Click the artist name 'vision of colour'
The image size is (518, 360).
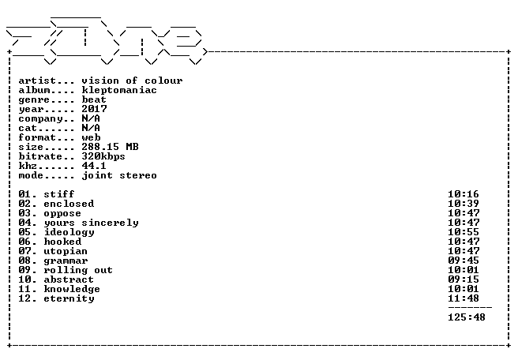[132, 81]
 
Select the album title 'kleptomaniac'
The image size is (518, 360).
[119, 90]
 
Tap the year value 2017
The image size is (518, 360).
[94, 109]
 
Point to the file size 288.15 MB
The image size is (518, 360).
[110, 147]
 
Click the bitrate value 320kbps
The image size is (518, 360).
[103, 156]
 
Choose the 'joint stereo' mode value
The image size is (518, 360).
[119, 175]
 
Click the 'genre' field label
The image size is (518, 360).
[35, 100]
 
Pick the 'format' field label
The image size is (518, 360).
[37, 137]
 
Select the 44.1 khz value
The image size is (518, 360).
[94, 166]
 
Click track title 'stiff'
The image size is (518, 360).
[59, 194]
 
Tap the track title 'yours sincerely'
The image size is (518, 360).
[91, 223]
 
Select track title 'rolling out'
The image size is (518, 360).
[78, 270]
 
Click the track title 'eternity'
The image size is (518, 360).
[69, 299]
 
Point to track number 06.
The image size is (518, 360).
[24, 242]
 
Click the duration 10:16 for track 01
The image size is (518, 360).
[464, 194]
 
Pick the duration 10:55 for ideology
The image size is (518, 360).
[464, 232]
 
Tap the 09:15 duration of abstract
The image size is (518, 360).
[464, 279]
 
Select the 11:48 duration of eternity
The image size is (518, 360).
[464, 298]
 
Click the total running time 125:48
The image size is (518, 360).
[467, 317]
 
